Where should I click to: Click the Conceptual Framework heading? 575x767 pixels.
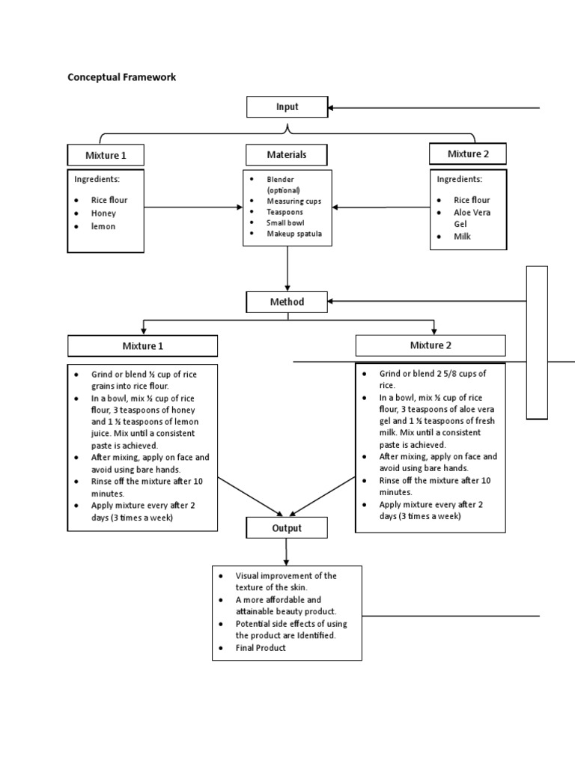tap(122, 77)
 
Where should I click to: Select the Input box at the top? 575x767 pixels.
tap(287, 107)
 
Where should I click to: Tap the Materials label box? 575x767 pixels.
tap(287, 155)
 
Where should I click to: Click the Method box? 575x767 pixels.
tap(287, 302)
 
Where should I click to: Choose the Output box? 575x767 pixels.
tap(287, 528)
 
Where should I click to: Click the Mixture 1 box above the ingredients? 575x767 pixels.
tap(106, 156)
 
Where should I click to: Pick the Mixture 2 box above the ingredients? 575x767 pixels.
tap(468, 154)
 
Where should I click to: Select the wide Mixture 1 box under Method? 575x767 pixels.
tap(142, 346)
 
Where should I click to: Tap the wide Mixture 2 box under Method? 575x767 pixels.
tap(431, 345)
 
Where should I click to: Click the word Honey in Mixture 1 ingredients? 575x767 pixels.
tap(104, 213)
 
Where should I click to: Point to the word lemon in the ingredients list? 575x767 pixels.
tap(103, 226)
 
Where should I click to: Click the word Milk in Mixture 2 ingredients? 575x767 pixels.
tap(463, 237)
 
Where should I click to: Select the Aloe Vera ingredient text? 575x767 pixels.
tap(472, 213)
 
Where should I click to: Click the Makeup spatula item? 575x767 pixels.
tap(294, 234)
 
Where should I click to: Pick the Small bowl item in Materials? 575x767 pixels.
tap(285, 223)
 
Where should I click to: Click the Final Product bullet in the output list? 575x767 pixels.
tap(261, 648)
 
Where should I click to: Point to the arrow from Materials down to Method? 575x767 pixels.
tap(287, 270)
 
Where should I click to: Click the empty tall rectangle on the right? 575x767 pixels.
tap(537, 342)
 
